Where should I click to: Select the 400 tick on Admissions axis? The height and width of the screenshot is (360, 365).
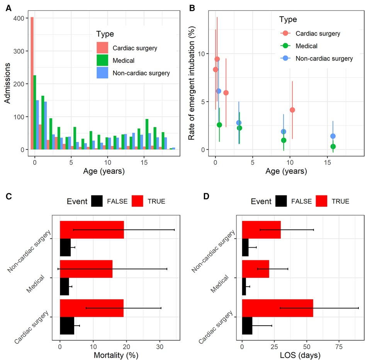(x=19, y=18)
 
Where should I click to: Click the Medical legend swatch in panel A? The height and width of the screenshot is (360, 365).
(x=102, y=60)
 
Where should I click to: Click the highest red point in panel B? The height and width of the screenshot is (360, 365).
(x=217, y=59)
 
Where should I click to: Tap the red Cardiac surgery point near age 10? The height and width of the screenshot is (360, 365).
(x=292, y=110)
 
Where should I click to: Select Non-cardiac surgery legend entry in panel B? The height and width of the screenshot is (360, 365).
(x=324, y=59)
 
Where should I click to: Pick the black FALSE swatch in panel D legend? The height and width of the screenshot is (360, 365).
(x=281, y=201)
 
